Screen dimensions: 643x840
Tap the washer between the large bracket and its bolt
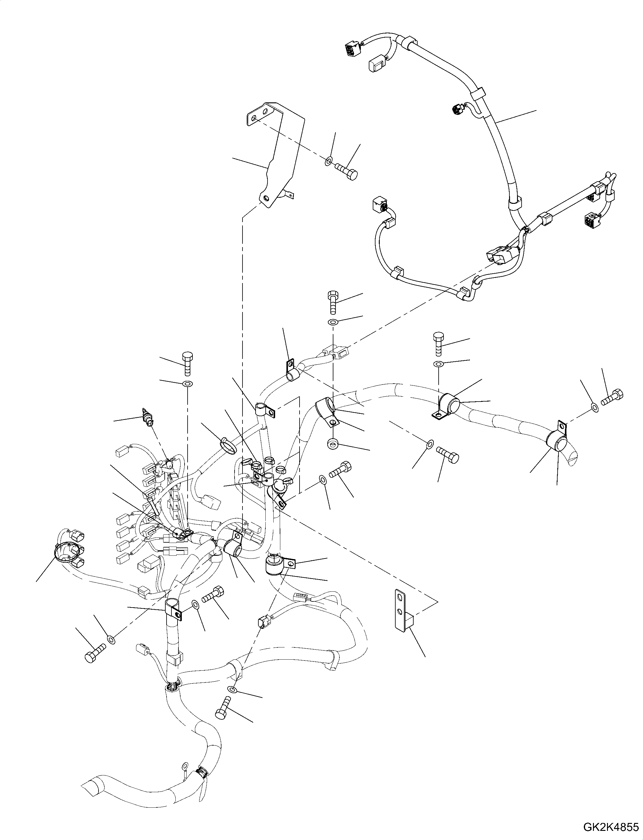(329, 162)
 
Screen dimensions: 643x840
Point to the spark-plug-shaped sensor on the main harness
(148, 417)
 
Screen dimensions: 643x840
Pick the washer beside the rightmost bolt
(595, 408)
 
